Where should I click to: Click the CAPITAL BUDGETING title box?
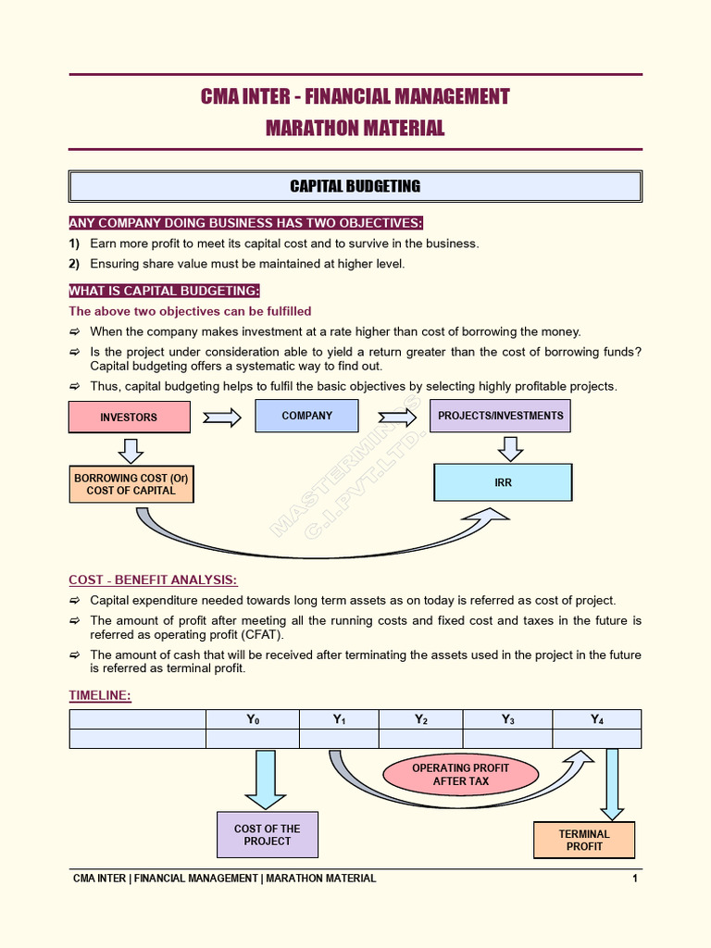(x=355, y=186)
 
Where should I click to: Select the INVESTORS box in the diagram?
(x=129, y=418)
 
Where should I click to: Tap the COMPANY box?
(x=306, y=416)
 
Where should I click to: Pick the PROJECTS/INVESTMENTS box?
(x=500, y=416)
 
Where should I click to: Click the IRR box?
(x=503, y=482)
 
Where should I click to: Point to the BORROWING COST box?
(x=131, y=484)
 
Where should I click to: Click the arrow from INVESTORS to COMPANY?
(x=222, y=418)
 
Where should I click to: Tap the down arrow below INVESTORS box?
(x=131, y=451)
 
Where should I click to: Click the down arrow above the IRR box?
(x=510, y=449)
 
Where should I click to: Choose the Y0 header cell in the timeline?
(x=253, y=719)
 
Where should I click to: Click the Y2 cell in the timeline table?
(x=420, y=719)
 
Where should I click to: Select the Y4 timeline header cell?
(x=596, y=719)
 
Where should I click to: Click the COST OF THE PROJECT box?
(x=268, y=835)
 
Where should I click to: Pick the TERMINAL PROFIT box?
(x=584, y=840)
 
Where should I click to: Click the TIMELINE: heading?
(x=100, y=695)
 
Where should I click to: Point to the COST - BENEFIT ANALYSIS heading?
(x=153, y=580)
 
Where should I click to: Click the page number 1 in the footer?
(x=635, y=879)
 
